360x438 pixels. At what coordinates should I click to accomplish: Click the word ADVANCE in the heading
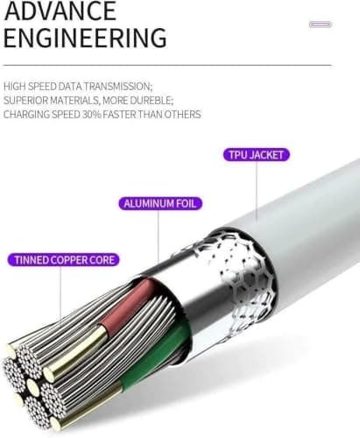click(x=60, y=11)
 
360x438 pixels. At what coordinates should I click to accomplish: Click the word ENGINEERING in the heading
click(x=85, y=38)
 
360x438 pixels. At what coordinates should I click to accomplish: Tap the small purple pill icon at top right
click(x=321, y=25)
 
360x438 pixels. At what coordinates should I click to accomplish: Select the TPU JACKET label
click(x=257, y=155)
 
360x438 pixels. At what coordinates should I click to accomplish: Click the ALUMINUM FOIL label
click(x=160, y=203)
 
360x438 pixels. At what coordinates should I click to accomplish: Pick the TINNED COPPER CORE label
click(x=63, y=260)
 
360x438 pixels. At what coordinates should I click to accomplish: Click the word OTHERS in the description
click(x=182, y=115)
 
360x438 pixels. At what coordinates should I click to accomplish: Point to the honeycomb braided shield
click(x=245, y=280)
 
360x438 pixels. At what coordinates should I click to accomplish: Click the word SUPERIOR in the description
click(x=26, y=101)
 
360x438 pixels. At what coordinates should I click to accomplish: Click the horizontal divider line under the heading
click(x=167, y=65)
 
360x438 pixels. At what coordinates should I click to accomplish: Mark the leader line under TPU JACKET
click(x=257, y=192)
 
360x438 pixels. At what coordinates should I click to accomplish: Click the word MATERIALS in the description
click(x=74, y=101)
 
